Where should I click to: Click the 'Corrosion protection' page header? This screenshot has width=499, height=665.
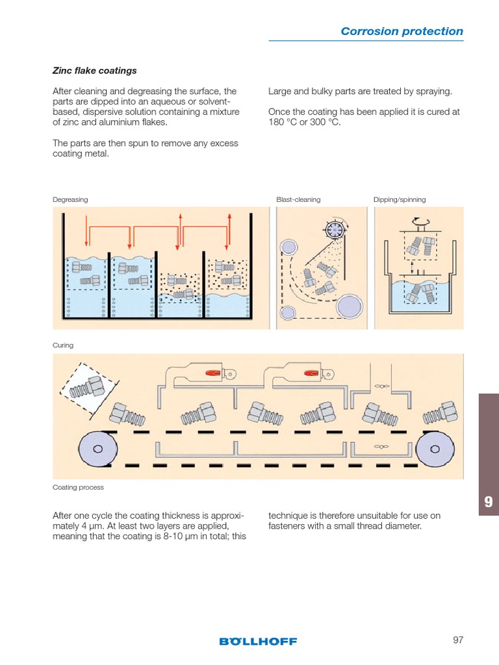[x=402, y=31]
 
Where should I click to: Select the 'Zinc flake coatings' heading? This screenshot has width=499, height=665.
[x=94, y=71]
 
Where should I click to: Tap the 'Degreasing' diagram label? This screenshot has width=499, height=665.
[x=70, y=200]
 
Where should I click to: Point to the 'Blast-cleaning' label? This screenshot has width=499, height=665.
[x=298, y=200]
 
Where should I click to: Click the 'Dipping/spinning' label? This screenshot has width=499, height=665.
[x=400, y=200]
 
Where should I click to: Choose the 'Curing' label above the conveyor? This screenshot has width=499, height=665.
[x=63, y=345]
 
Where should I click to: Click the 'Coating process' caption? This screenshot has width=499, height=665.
[x=78, y=487]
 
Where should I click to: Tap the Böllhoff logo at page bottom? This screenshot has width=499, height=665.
[x=258, y=641]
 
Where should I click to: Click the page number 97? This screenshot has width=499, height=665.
[x=458, y=640]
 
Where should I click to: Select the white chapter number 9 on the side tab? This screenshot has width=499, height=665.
[x=489, y=502]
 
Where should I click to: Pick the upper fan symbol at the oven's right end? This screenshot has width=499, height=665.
[x=381, y=386]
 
